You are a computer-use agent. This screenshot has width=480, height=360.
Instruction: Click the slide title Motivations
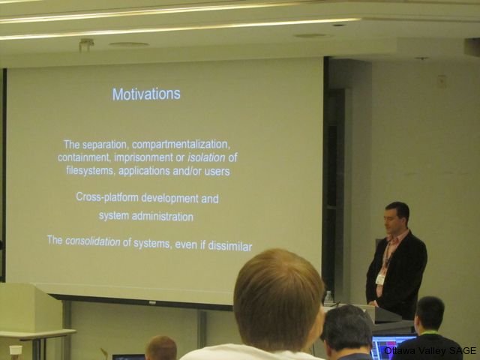pyautogui.click(x=146, y=94)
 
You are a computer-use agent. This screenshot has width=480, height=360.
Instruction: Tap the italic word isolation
pyautogui.click(x=206, y=157)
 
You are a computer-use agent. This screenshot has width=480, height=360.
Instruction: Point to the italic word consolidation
pyautogui.click(x=93, y=241)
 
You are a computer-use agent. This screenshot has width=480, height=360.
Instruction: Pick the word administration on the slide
pyautogui.click(x=163, y=217)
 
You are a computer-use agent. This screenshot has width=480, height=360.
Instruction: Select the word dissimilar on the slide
pyautogui.click(x=230, y=246)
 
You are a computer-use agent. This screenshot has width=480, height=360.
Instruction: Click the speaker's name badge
pyautogui.click(x=380, y=279)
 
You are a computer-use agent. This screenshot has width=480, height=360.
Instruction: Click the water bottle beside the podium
pyautogui.click(x=328, y=298)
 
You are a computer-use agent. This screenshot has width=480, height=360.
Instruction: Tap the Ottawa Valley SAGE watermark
pyautogui.click(x=430, y=350)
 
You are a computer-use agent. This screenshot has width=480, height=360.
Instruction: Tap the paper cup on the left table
pyautogui.click(x=16, y=352)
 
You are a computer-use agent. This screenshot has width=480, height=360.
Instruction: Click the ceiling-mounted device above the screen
pyautogui.click(x=86, y=45)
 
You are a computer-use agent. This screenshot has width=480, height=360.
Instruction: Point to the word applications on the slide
pyautogui.click(x=144, y=171)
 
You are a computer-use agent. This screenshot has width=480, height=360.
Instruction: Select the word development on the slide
pyautogui.click(x=169, y=198)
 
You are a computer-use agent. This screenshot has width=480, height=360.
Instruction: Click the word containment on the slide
pyautogui.click(x=85, y=157)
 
